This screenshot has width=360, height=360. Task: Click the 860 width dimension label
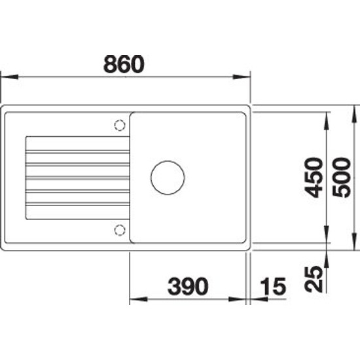tap(124, 64)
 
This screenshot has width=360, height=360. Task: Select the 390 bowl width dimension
tap(188, 286)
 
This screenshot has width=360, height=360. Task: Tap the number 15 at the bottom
tap(273, 286)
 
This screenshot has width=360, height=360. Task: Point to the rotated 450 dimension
tap(313, 177)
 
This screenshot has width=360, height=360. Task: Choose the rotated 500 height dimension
tap(342, 177)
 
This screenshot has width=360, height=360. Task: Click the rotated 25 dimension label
tap(313, 279)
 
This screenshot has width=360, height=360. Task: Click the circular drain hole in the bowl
tap(168, 177)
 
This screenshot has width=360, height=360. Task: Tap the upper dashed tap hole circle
tap(120, 126)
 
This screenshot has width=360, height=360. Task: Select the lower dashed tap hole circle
tap(120, 230)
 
